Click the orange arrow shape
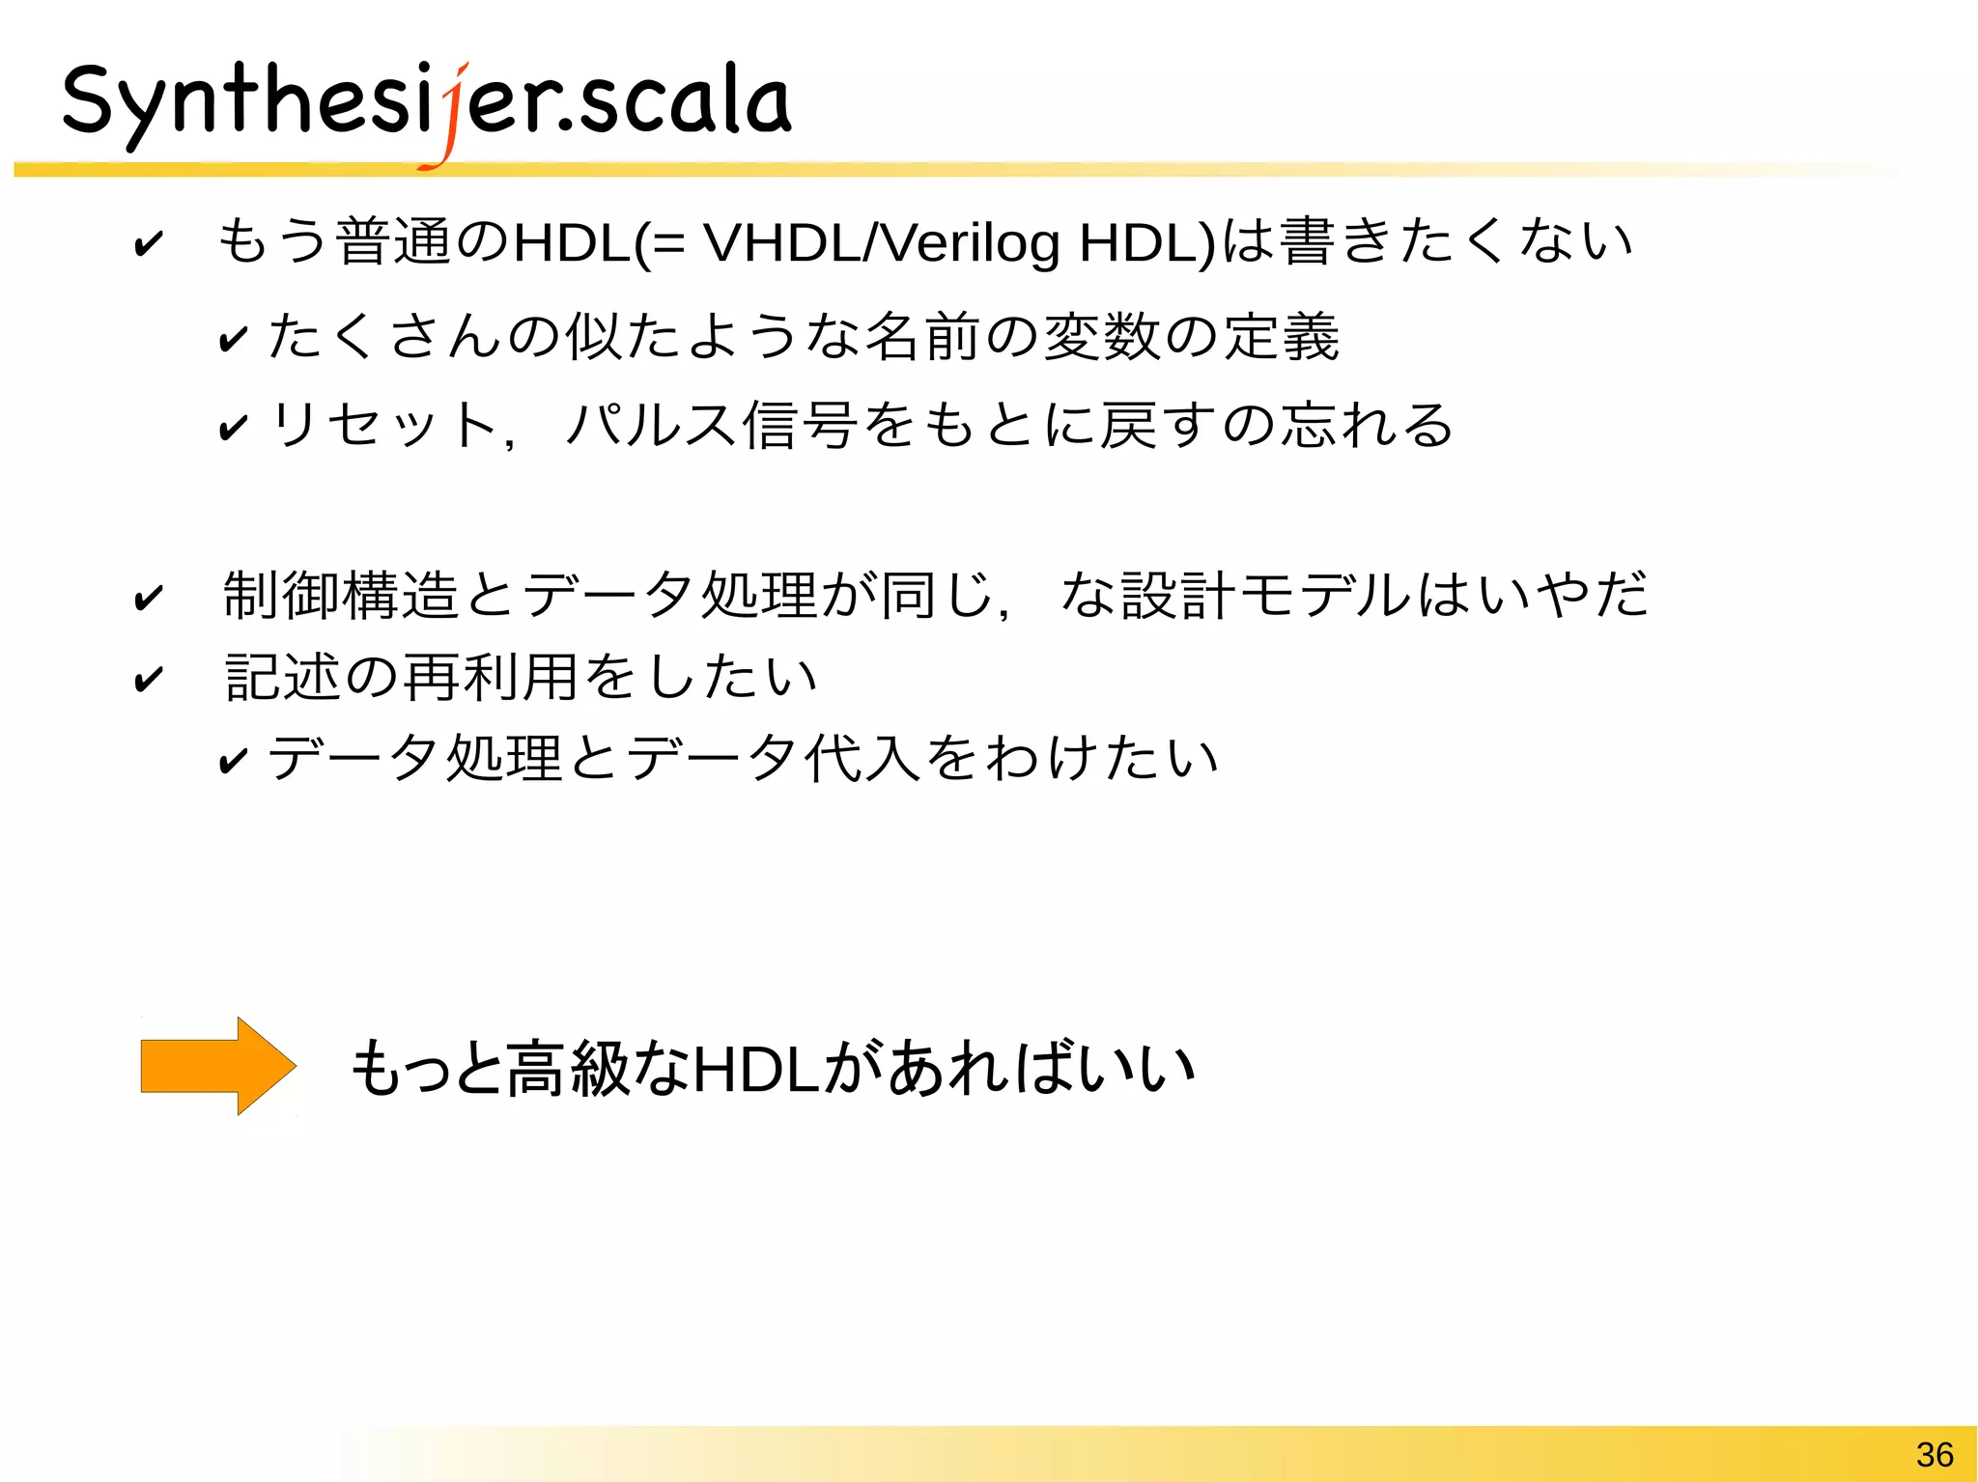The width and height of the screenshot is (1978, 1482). pos(218,1066)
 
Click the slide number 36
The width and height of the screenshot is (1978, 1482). pos(1934,1454)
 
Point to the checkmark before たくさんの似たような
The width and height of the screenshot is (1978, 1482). pos(233,338)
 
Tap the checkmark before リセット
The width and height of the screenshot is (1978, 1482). pos(233,426)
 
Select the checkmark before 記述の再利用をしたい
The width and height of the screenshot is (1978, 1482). pos(149,679)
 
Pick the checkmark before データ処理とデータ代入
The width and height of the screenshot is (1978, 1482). pos(233,760)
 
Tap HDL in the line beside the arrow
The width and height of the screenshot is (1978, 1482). pos(757,1069)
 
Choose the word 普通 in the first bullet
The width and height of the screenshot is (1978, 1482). pos(390,241)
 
